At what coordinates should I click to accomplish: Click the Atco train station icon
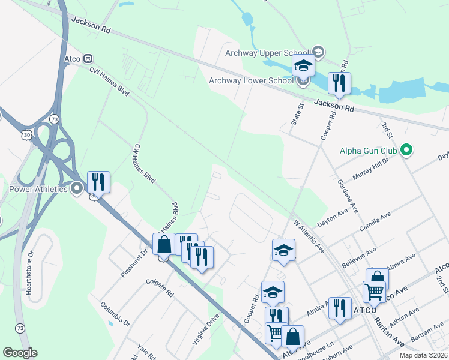tap(88, 59)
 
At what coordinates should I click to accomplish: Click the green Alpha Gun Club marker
tap(406, 150)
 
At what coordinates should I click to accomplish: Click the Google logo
tap(20, 353)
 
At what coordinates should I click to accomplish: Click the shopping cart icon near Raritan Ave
tap(375, 292)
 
